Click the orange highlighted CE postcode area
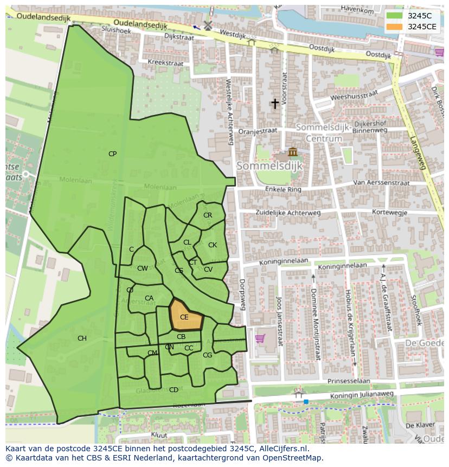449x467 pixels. [185, 316]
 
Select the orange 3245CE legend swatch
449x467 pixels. [395, 27]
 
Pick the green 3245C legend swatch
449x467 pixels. [395, 16]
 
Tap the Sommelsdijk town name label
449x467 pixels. [270, 165]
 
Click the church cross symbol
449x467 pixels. [275, 103]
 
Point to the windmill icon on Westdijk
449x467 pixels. [207, 25]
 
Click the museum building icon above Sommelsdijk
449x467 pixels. [293, 151]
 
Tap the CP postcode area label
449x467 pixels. [112, 154]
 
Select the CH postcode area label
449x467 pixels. [82, 338]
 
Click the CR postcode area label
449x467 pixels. [208, 215]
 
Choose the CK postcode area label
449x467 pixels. [213, 245]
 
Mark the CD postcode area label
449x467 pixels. [174, 389]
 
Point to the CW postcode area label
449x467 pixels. [143, 268]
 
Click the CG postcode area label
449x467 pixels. [207, 355]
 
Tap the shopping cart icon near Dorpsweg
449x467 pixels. [260, 338]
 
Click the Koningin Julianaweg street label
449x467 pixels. [363, 394]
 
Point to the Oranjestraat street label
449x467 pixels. [258, 131]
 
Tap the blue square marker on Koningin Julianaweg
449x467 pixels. [306, 401]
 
